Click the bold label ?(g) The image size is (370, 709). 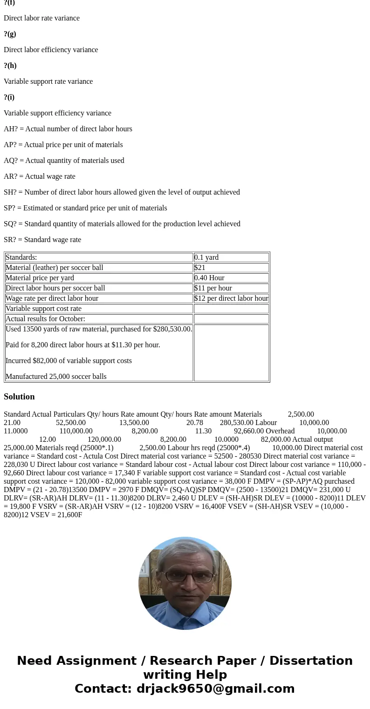(x=10, y=34)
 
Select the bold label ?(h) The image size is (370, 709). (x=10, y=66)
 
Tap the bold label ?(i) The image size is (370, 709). (x=9, y=97)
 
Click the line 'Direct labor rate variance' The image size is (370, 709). (x=41, y=18)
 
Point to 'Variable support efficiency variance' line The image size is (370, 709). (x=57, y=113)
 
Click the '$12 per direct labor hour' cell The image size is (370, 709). (x=231, y=298)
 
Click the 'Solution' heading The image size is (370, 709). (x=19, y=397)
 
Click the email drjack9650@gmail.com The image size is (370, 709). (x=215, y=689)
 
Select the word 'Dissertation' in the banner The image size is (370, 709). (x=311, y=661)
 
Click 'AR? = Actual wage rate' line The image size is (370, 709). (x=40, y=176)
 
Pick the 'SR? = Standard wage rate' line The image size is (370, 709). (x=42, y=240)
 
